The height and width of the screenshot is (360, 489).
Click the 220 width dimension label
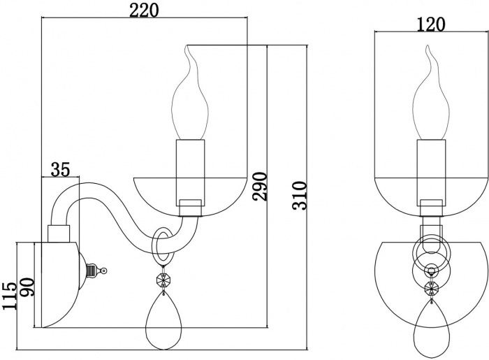pyautogui.click(x=145, y=10)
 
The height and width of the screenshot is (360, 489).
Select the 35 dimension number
pyautogui.click(x=61, y=168)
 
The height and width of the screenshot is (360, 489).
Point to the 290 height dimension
pyautogui.click(x=260, y=186)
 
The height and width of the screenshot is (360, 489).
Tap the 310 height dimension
pyautogui.click(x=299, y=196)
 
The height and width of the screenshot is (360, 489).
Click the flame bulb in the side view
pyautogui.click(x=191, y=101)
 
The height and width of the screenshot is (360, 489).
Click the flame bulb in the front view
pyautogui.click(x=430, y=101)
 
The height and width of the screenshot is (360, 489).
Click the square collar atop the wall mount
pyautogui.click(x=57, y=233)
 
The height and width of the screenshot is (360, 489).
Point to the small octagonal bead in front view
pyautogui.click(x=430, y=287)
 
